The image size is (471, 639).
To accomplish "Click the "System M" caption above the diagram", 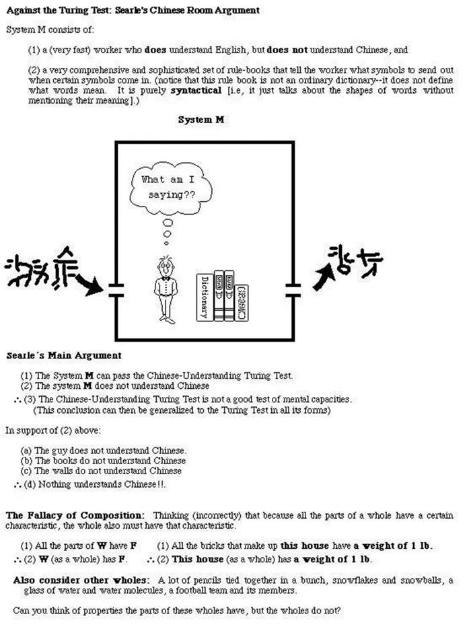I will [201, 119].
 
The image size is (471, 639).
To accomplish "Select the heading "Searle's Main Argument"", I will [64, 355].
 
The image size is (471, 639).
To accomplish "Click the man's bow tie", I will [165, 278].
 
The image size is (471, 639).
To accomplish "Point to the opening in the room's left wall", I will [116, 291].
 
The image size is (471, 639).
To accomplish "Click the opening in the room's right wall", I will [293, 291].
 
